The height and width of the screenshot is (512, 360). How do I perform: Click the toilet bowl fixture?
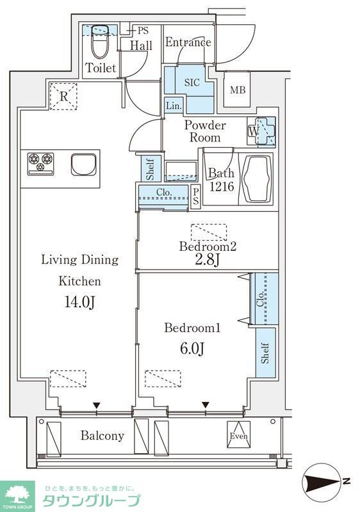click(x=100, y=42)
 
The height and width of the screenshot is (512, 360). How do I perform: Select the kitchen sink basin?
click(x=84, y=165)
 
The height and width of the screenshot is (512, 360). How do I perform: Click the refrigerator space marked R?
click(x=63, y=97)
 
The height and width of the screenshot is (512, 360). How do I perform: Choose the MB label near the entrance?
click(x=238, y=90)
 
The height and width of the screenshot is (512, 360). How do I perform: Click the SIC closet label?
click(x=192, y=83)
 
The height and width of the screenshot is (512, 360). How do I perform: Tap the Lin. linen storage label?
click(x=174, y=106)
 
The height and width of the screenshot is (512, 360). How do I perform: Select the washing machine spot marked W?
click(x=254, y=131)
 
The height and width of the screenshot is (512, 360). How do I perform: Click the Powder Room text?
click(x=205, y=131)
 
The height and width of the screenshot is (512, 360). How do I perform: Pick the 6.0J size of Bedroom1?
click(x=192, y=349)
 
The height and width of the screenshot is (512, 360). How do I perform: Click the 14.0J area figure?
click(x=79, y=302)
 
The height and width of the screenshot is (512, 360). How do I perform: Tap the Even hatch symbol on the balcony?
click(x=239, y=435)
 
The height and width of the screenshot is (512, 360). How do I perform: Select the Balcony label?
click(x=102, y=436)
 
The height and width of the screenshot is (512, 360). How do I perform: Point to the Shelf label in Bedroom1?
click(x=265, y=353)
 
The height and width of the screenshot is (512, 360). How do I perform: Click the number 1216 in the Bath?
click(x=222, y=186)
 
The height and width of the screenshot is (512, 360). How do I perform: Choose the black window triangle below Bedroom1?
click(x=205, y=405)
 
